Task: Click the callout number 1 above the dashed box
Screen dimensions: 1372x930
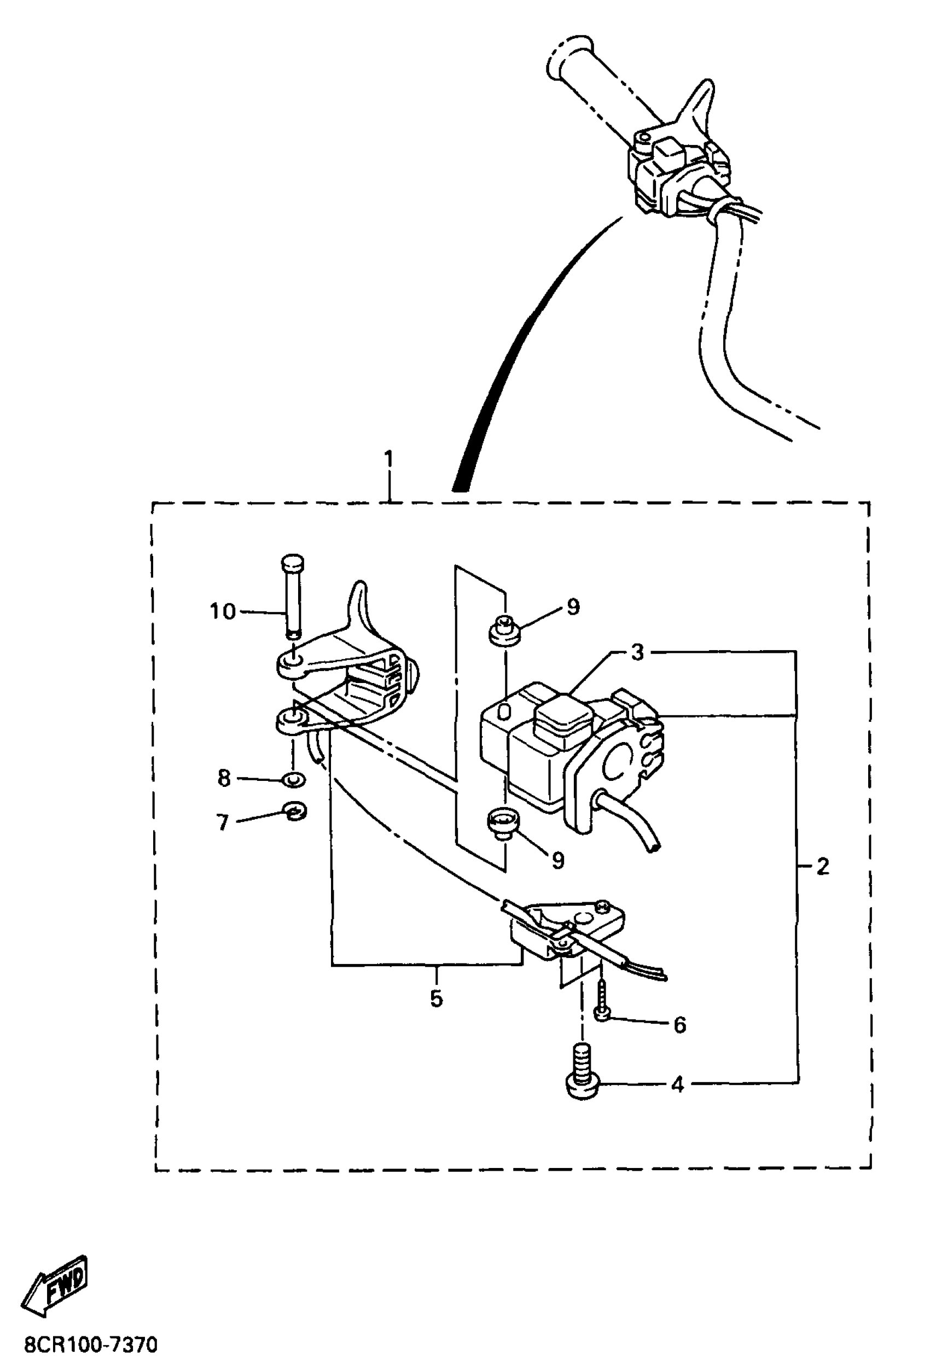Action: point(388,458)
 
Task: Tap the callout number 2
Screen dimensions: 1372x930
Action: point(823,867)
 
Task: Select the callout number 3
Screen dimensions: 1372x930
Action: point(637,653)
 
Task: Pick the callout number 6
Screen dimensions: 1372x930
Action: point(679,1025)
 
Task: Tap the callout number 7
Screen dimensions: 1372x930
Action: point(223,822)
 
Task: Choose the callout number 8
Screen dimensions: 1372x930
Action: point(224,778)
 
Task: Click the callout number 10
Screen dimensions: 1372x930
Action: point(223,611)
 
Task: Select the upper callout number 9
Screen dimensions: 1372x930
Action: point(573,607)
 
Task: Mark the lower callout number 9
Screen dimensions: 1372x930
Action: point(557,860)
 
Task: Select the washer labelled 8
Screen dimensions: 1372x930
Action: point(293,779)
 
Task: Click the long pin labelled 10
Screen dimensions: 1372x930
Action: point(292,596)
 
